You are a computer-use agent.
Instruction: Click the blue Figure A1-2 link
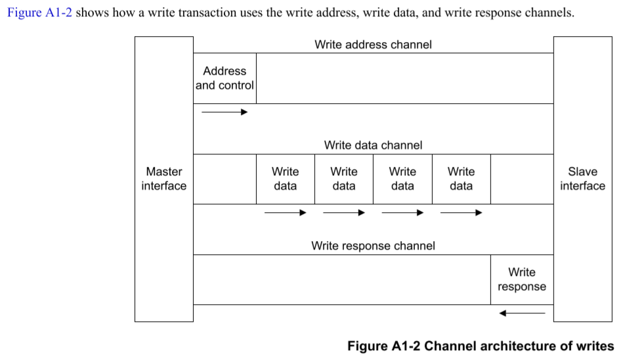click(x=39, y=12)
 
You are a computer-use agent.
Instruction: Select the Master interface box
click(x=164, y=179)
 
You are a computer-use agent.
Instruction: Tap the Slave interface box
click(x=582, y=179)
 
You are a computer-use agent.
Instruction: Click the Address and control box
click(x=225, y=78)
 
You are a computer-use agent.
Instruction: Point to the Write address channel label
click(x=373, y=45)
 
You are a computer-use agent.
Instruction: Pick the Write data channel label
click(x=373, y=145)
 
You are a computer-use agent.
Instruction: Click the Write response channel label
click(x=373, y=246)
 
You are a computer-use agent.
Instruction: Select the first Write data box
click(x=286, y=179)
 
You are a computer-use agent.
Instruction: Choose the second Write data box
click(x=344, y=179)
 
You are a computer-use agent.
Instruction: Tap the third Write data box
click(x=402, y=179)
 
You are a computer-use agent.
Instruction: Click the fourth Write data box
click(x=462, y=179)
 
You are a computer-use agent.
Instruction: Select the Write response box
click(x=522, y=280)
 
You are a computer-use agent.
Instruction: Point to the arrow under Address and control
click(x=225, y=112)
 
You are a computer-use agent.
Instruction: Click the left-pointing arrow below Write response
click(x=522, y=313)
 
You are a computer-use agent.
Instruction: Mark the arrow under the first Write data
click(x=286, y=212)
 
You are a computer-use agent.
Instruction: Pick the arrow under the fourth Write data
click(x=462, y=212)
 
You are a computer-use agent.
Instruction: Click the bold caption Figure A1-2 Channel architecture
click(x=481, y=346)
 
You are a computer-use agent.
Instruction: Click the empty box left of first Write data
click(x=225, y=179)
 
